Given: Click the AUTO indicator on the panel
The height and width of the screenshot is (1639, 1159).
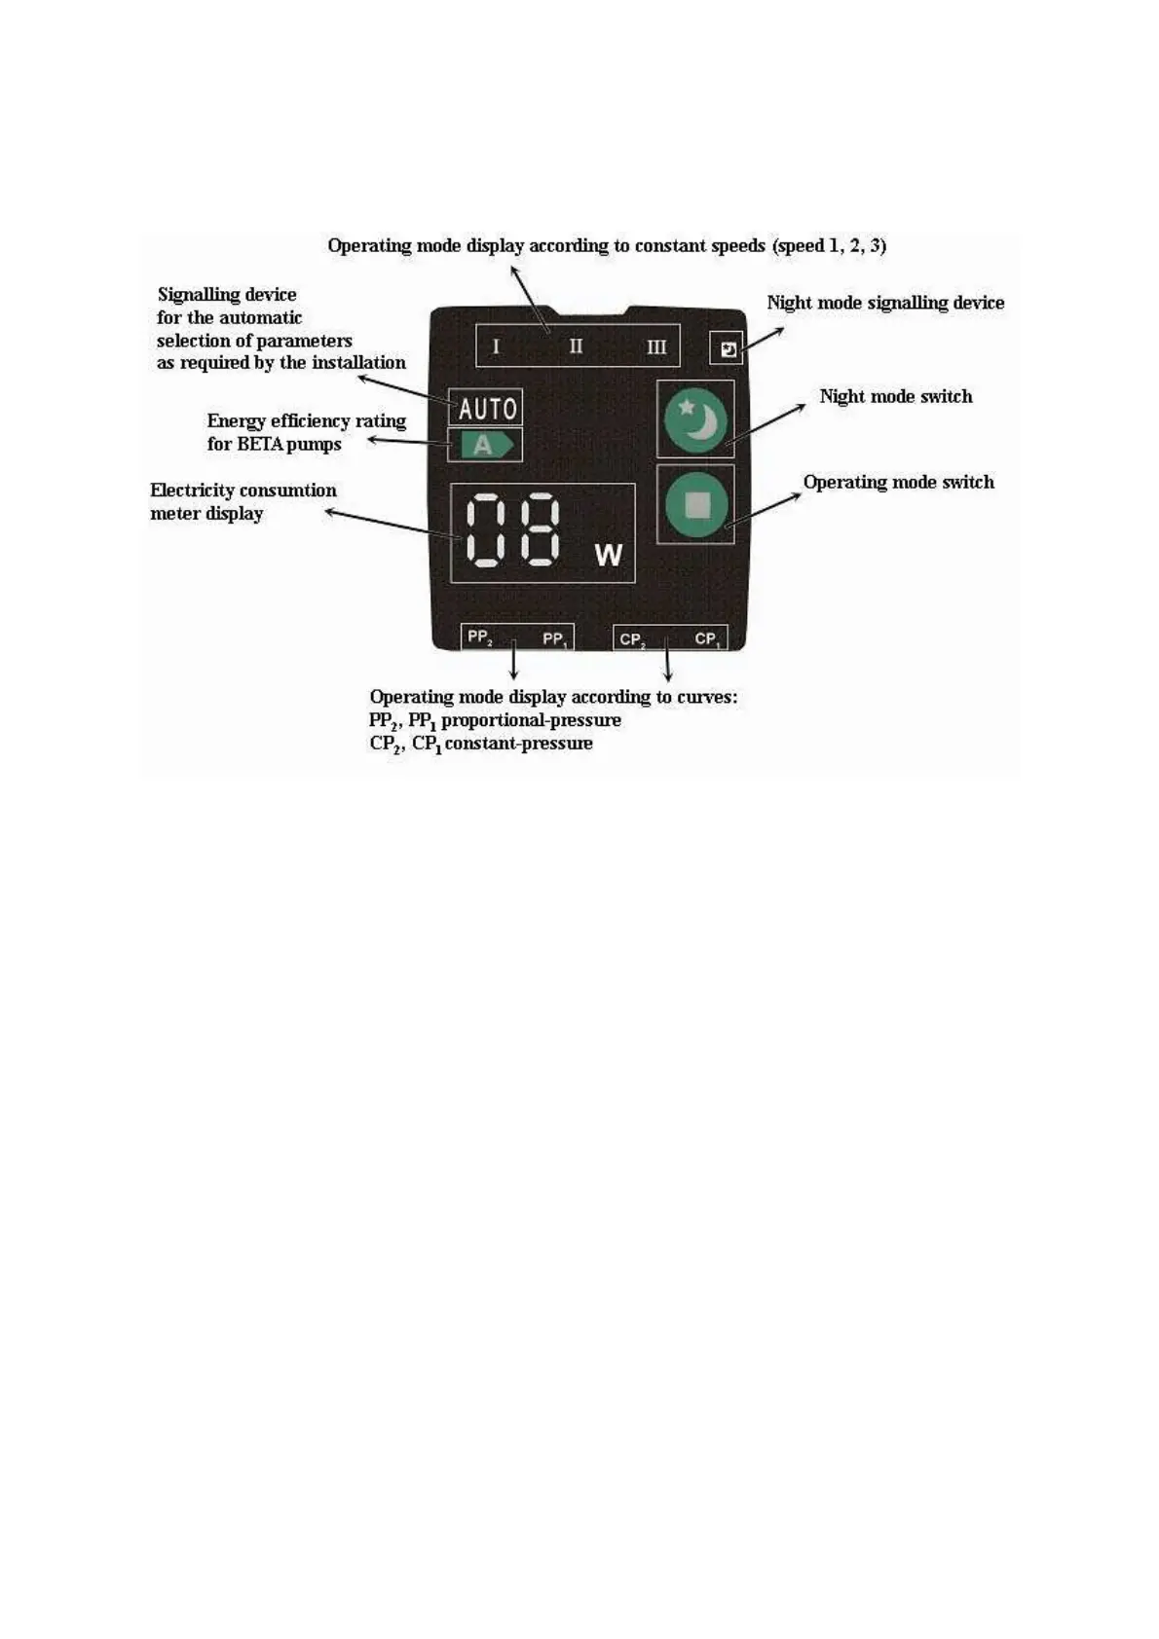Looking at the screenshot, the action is click(x=486, y=407).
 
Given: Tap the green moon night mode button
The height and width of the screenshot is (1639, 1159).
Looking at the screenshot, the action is click(x=695, y=419).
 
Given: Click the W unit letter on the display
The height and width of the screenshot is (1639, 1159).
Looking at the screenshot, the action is click(x=608, y=555).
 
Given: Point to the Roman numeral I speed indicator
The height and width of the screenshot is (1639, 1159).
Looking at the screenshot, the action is click(x=496, y=346).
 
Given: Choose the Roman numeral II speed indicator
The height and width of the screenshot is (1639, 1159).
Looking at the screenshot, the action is click(x=576, y=346).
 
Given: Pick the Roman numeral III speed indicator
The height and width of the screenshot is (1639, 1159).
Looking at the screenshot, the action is click(x=656, y=346).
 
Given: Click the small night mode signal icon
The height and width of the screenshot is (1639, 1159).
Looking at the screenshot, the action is click(x=728, y=348).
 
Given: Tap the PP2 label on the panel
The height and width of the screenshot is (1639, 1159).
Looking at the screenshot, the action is click(x=479, y=637).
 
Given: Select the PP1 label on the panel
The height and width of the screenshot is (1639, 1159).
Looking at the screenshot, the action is click(x=554, y=639).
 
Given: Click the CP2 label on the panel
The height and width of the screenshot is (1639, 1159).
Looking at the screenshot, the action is click(x=631, y=639).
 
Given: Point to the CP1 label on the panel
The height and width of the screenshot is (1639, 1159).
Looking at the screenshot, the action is click(x=707, y=639).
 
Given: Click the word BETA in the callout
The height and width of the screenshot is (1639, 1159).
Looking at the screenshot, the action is click(x=258, y=444).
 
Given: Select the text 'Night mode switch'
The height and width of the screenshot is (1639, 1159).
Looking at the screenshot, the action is click(x=895, y=396).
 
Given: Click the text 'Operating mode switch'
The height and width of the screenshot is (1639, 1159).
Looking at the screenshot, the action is click(x=898, y=482).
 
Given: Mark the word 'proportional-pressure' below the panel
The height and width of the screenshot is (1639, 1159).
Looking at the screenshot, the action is click(x=531, y=720).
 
